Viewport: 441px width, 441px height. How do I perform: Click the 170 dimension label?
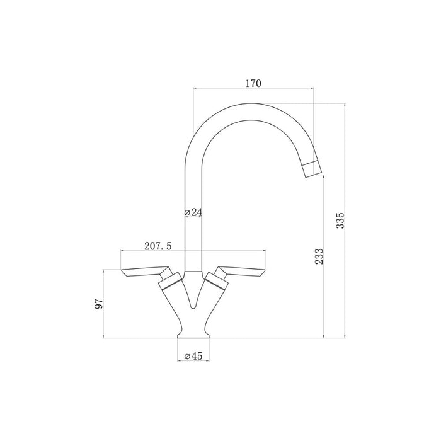pyautogui.click(x=253, y=83)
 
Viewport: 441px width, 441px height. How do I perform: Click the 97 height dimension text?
pyautogui.click(x=98, y=304)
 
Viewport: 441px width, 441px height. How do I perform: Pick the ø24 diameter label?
pyautogui.click(x=193, y=213)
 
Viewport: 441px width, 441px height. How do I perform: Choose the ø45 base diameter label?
pyautogui.click(x=193, y=357)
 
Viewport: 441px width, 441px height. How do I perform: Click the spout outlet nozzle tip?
pyautogui.click(x=312, y=169)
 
